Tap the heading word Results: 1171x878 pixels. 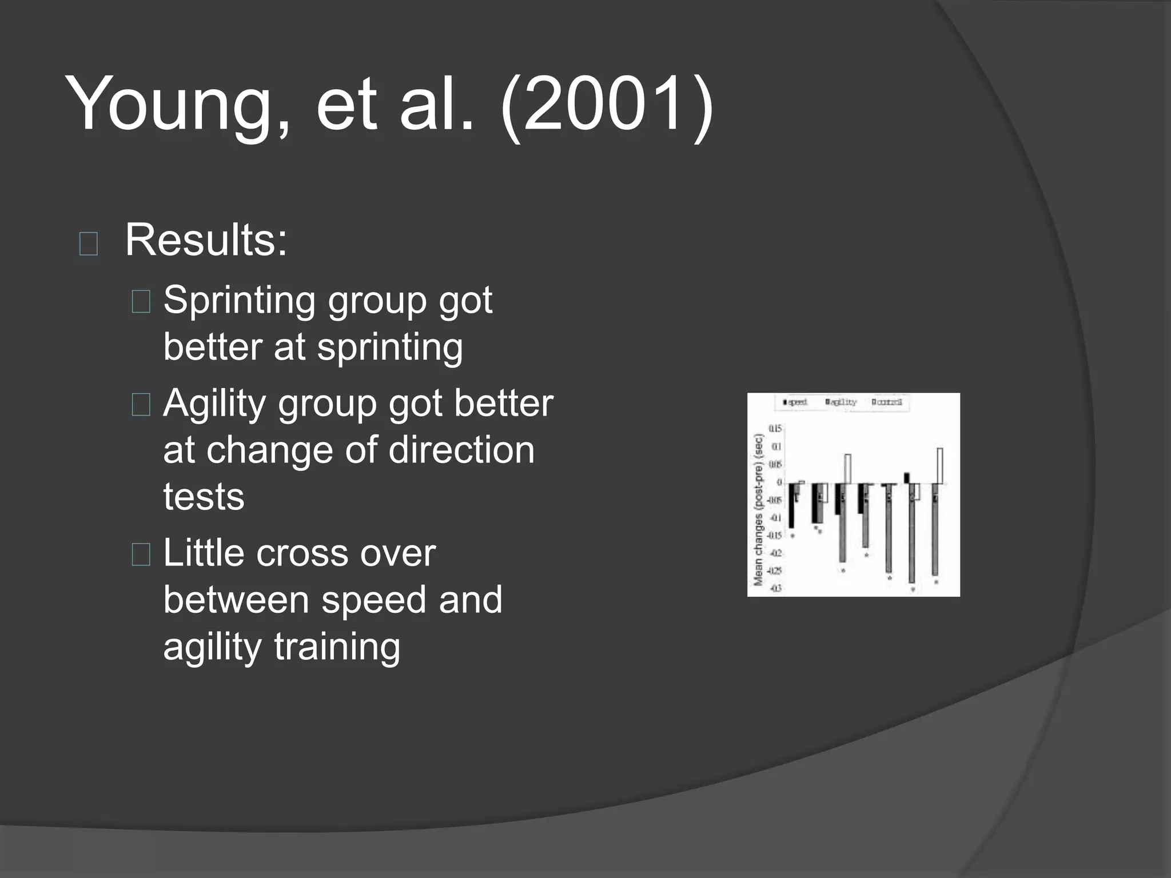pos(206,240)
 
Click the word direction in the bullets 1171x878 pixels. pos(461,450)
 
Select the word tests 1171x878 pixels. pos(204,497)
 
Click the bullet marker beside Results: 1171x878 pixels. pos(89,244)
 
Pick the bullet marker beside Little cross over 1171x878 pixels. pos(141,554)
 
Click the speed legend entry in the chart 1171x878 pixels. pos(795,402)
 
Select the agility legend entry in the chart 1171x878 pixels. pos(842,402)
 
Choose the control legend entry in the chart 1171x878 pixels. pos(888,402)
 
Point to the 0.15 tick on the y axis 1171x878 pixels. pos(775,429)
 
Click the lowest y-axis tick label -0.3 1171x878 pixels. pos(775,589)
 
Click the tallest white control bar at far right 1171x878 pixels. pos(939,466)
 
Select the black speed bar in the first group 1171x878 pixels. pos(792,506)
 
